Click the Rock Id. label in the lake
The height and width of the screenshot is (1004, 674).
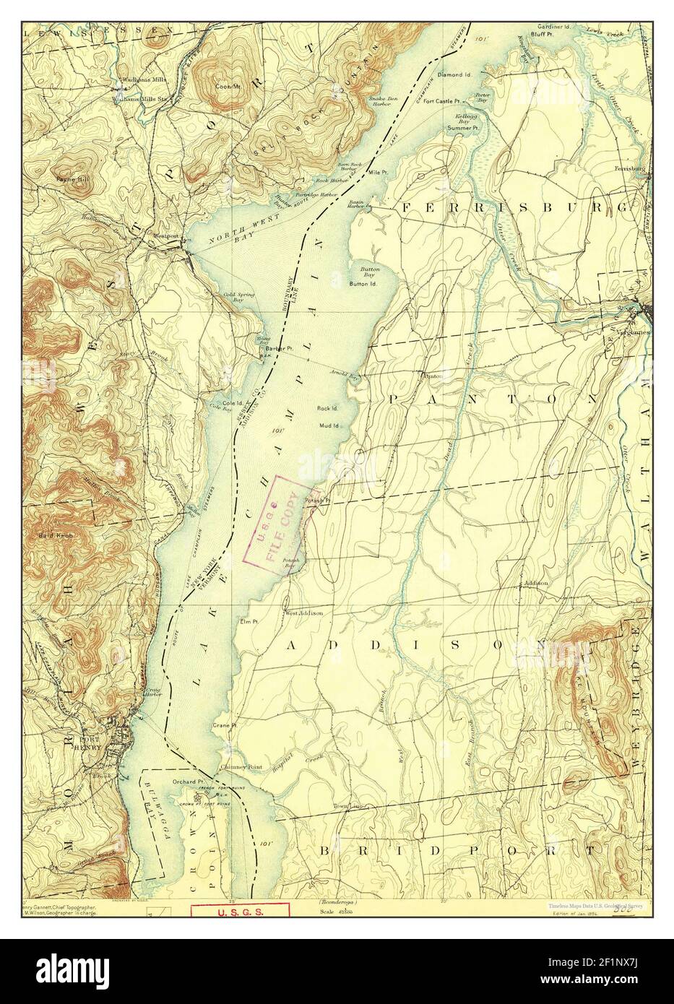(x=328, y=408)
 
